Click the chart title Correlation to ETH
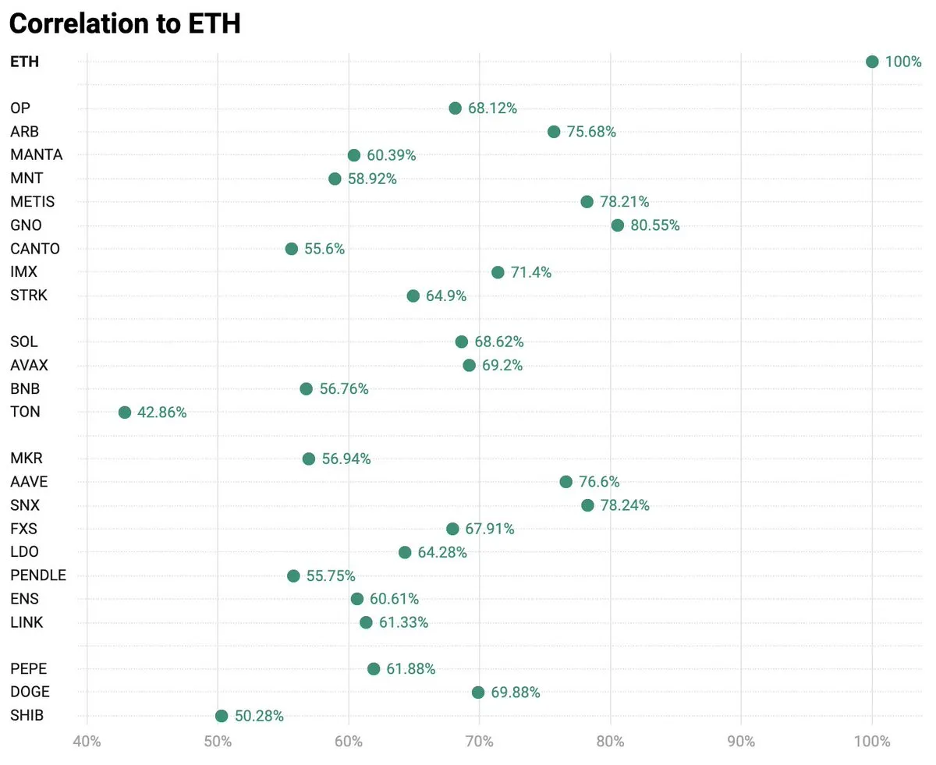click(x=125, y=23)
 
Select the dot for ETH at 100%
click(x=872, y=62)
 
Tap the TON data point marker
click(x=125, y=413)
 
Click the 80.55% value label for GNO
click(x=654, y=225)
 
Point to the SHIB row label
click(x=27, y=716)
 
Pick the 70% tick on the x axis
click(x=479, y=741)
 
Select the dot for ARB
click(x=554, y=132)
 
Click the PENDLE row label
click(x=38, y=576)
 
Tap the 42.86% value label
click(x=162, y=413)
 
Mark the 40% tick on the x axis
click(x=87, y=741)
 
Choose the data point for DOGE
click(x=478, y=692)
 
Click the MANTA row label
click(x=37, y=155)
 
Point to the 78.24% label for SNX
click(x=625, y=505)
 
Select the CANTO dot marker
click(x=292, y=249)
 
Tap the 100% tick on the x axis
click(x=872, y=741)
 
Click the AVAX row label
click(x=30, y=365)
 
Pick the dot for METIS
click(x=587, y=202)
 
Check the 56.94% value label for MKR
click(x=346, y=459)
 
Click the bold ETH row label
click(x=24, y=62)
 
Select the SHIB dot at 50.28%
click(x=222, y=716)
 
